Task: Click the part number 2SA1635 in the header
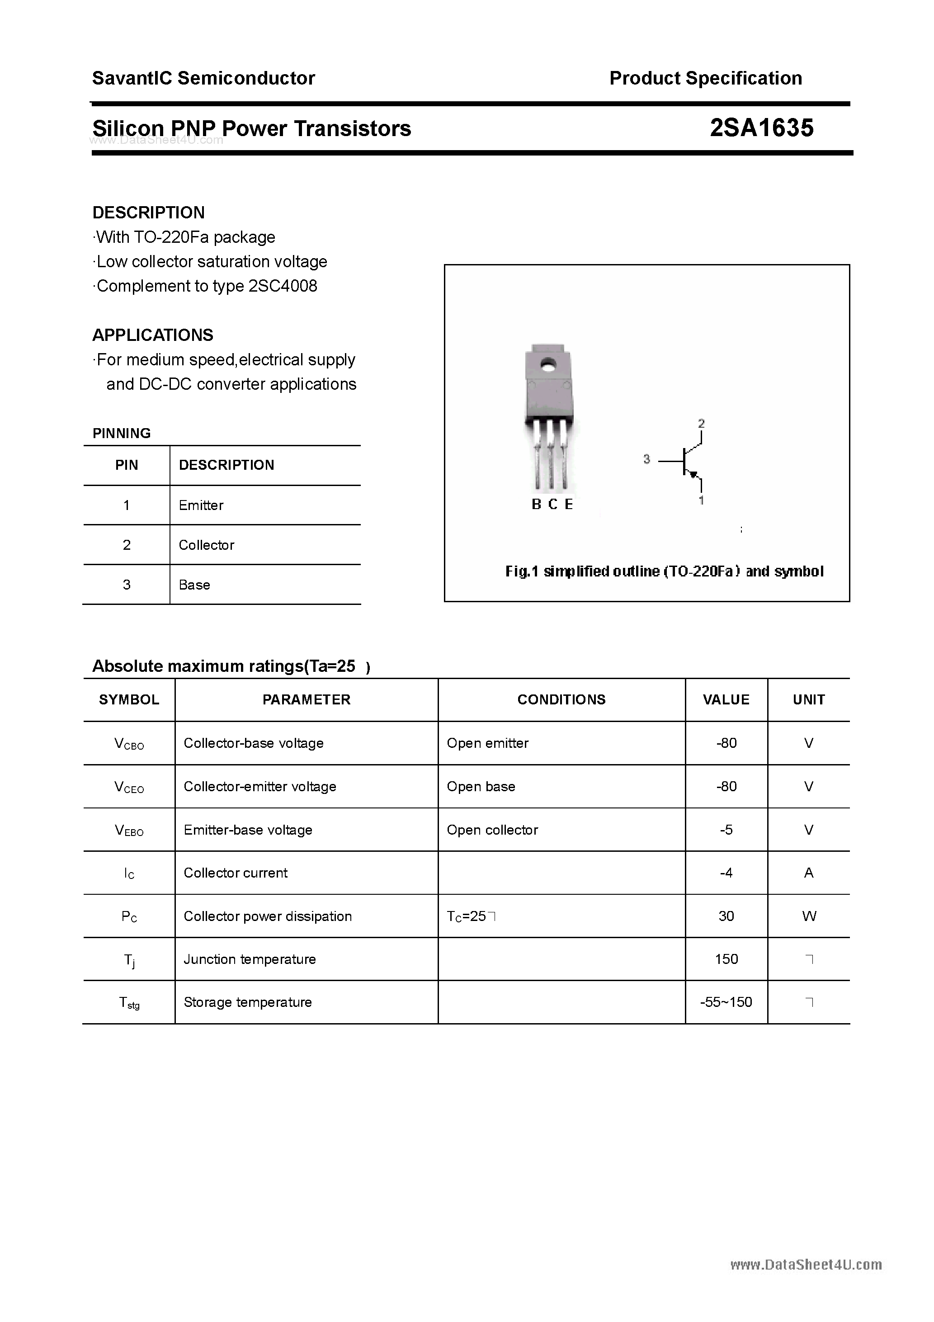pos(761,128)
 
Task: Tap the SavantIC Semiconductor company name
pos(203,78)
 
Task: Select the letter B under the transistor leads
pos(536,505)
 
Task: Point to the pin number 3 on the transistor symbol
pos(646,459)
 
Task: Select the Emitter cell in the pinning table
pos(201,505)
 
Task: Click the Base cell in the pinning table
pos(194,585)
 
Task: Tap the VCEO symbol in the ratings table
pos(129,787)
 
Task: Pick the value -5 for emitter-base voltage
pos(726,830)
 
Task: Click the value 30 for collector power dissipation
pos(726,916)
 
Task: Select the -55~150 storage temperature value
pos(726,1002)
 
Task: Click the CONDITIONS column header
pos(561,699)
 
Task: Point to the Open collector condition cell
pos(492,830)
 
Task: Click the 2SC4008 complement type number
pos(283,286)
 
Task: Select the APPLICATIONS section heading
pos(153,335)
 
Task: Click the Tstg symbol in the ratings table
pos(129,1003)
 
